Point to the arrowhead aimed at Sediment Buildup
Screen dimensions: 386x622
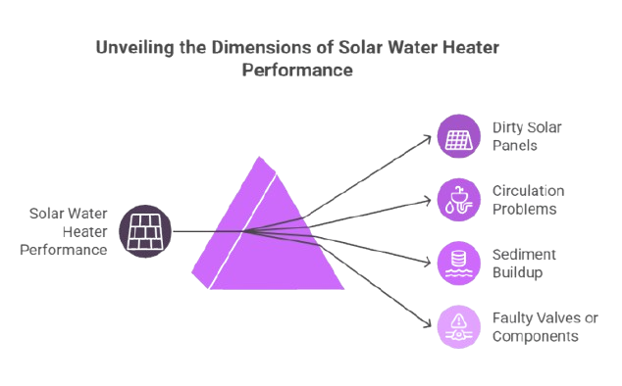pos(428,263)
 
